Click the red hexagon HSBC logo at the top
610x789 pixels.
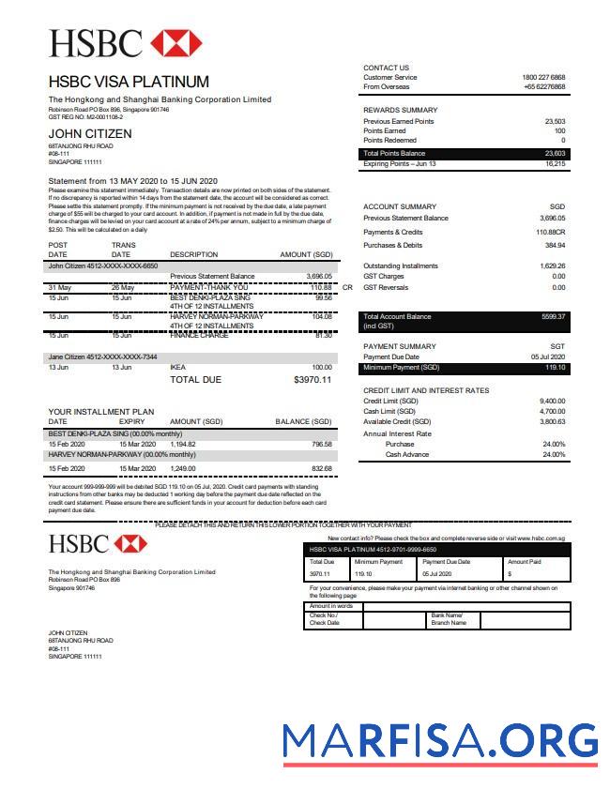pyautogui.click(x=176, y=43)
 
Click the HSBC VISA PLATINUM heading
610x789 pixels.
pyautogui.click(x=129, y=82)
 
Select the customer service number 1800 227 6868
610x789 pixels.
pyautogui.click(x=543, y=77)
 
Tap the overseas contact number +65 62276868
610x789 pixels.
pyautogui.click(x=544, y=86)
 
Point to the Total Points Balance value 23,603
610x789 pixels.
pyautogui.click(x=555, y=153)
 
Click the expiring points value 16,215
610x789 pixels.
pyautogui.click(x=555, y=164)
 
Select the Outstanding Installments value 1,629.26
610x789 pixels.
pyautogui.click(x=551, y=266)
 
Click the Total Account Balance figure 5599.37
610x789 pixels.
pyautogui.click(x=553, y=317)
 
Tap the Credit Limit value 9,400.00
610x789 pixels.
pyautogui.click(x=552, y=402)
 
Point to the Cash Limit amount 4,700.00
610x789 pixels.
pyautogui.click(x=552, y=412)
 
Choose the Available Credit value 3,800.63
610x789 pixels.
pyautogui.click(x=552, y=422)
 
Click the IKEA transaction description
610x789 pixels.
pyautogui.click(x=178, y=368)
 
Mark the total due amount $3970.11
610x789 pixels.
pyautogui.click(x=313, y=380)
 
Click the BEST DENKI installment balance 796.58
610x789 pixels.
pyautogui.click(x=322, y=444)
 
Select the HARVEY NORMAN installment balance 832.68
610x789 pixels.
pyautogui.click(x=322, y=468)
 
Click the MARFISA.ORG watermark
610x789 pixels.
pyautogui.click(x=440, y=741)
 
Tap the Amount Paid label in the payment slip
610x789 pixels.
pyautogui.click(x=525, y=561)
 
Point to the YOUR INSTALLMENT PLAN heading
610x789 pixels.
pyautogui.click(x=100, y=411)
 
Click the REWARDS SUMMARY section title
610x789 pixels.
pyautogui.click(x=400, y=110)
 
